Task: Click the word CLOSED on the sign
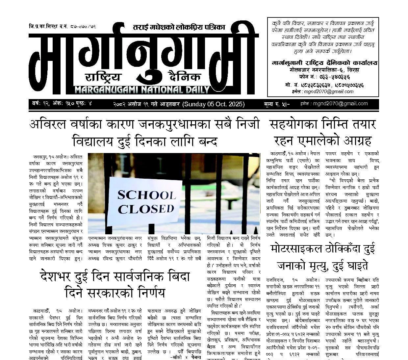[146, 209]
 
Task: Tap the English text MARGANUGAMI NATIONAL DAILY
[142, 90]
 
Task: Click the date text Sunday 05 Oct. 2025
[214, 104]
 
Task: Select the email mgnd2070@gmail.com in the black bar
[340, 104]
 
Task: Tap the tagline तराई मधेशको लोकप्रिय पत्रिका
[179, 27]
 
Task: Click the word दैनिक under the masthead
[184, 76]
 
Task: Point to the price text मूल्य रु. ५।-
[276, 104]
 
